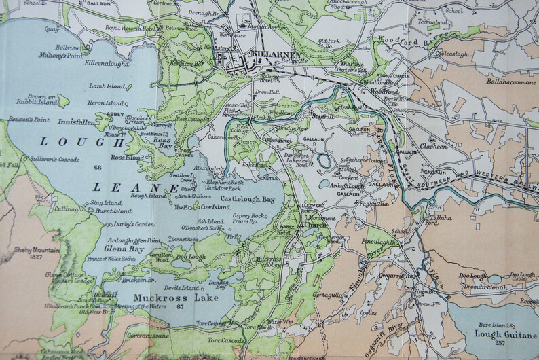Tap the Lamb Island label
point(107,86)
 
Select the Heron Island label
point(105,103)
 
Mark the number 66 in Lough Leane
point(98,167)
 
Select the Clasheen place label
point(433,146)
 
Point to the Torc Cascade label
point(226,340)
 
